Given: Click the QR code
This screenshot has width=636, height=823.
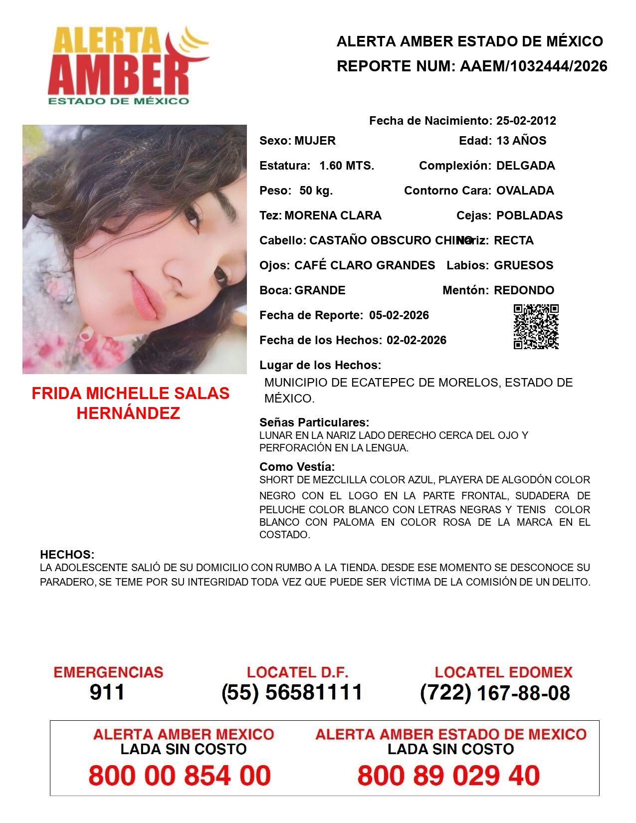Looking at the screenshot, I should coord(536,327).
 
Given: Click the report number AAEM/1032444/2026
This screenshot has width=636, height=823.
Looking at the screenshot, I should coord(533,66).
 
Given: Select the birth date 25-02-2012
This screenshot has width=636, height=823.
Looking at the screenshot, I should coord(526,121).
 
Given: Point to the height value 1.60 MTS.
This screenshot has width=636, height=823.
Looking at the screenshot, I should coord(347,166).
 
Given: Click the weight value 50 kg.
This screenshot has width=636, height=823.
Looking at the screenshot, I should coord(316,191).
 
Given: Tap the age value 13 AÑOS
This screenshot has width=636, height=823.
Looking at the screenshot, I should coord(521,141).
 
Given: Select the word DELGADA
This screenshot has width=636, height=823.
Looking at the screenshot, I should coord(525,166).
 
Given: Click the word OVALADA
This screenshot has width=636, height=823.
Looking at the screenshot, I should coord(525,191).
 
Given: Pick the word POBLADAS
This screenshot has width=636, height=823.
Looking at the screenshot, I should coord(529,215).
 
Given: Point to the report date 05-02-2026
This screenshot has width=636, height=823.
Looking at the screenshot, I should coord(399,315).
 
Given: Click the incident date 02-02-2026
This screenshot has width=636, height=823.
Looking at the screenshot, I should coord(417,340).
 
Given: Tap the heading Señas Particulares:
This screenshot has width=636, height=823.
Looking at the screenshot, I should coord(314,422).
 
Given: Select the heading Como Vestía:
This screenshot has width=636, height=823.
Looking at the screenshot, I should coord(297,467).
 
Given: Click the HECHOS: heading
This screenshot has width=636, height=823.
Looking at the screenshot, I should coord(67,555).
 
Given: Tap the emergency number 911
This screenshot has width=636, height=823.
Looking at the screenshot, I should coord(107,692).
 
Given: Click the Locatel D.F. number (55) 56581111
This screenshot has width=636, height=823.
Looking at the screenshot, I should coord(292,692).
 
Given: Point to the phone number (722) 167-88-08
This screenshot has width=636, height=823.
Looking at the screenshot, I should coord(495,693).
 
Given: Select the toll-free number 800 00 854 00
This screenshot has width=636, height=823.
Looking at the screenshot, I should coord(180,776).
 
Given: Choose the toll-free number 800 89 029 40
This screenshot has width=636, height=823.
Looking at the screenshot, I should coord(448,776).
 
